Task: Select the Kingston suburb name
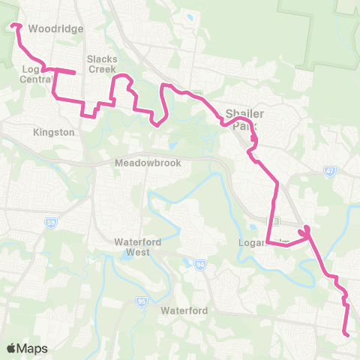click(x=54, y=132)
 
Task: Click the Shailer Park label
click(x=244, y=120)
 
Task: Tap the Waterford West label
click(x=133, y=247)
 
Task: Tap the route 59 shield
click(x=50, y=223)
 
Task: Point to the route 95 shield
click(x=140, y=301)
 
